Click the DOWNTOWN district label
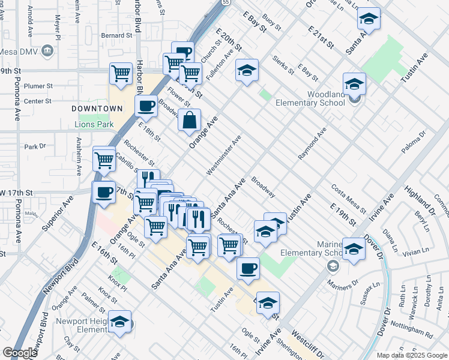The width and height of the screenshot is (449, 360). click(x=97, y=109)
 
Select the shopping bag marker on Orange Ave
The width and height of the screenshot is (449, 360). click(x=190, y=119)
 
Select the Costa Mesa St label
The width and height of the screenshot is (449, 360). click(x=348, y=199)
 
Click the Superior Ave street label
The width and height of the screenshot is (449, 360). click(x=57, y=214)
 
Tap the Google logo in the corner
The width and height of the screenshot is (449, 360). click(x=20, y=353)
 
